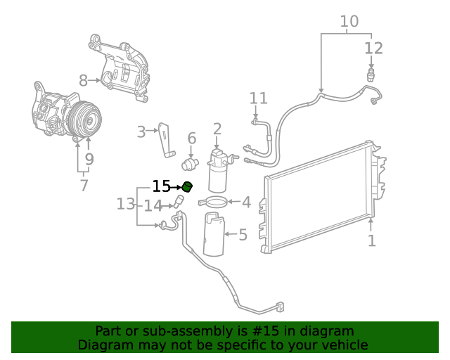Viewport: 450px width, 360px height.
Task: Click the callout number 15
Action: (161, 186)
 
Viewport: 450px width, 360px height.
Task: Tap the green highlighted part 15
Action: (187, 186)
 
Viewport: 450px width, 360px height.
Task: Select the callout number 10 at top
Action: (349, 22)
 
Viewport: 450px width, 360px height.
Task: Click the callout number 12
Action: (373, 49)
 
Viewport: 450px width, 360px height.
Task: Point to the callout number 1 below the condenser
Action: (371, 240)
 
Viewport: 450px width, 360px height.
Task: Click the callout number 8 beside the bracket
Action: (83, 80)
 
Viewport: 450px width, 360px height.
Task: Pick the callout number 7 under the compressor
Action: (84, 186)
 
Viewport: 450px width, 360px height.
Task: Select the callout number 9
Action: (89, 160)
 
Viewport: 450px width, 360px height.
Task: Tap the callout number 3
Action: (141, 131)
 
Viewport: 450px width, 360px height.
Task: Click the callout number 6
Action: (191, 139)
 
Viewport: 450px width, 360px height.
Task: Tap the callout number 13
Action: (125, 204)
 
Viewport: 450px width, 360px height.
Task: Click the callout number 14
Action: (153, 205)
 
